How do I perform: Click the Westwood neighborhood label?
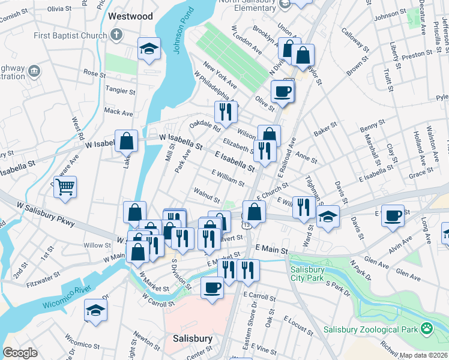(x=130, y=16)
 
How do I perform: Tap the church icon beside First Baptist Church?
(x=117, y=36)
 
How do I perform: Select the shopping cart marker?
(x=65, y=186)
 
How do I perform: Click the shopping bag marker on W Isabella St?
(x=127, y=142)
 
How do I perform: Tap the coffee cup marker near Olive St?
(x=282, y=92)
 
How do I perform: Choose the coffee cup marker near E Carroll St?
(x=211, y=288)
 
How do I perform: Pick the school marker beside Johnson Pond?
(x=149, y=49)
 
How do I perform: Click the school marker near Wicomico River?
(x=95, y=310)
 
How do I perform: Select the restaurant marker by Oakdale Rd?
(x=226, y=112)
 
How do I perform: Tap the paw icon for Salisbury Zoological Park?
(x=426, y=328)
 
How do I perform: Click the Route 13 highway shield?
(x=247, y=225)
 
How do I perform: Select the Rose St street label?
(x=94, y=73)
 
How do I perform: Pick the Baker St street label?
(x=325, y=128)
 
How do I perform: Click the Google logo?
(x=20, y=353)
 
